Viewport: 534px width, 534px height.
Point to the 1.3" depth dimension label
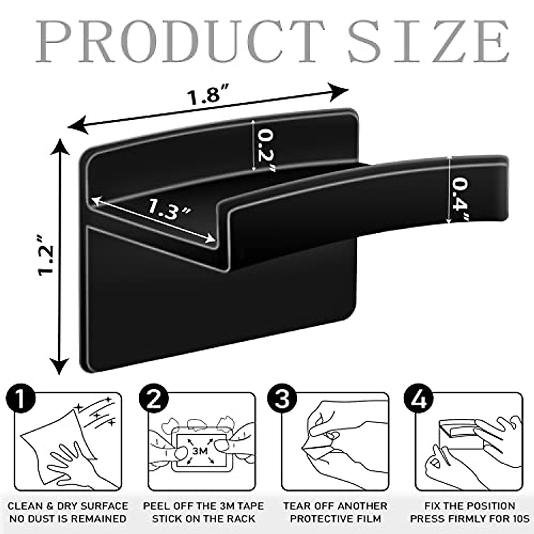tap(169, 208)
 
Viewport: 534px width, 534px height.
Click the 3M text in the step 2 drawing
tap(200, 450)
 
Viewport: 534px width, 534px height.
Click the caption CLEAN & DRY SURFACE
tap(68, 506)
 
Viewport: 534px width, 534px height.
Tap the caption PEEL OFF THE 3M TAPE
tap(203, 506)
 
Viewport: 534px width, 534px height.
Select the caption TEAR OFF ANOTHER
tap(335, 506)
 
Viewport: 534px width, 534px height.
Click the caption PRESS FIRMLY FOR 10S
tap(469, 519)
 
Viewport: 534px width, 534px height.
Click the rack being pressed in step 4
tap(458, 434)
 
